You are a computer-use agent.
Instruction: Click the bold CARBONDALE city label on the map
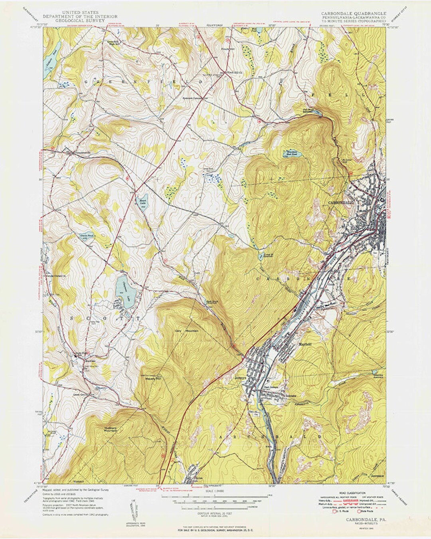click(x=341, y=202)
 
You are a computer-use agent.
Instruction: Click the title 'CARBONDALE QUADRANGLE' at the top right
click(x=353, y=13)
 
